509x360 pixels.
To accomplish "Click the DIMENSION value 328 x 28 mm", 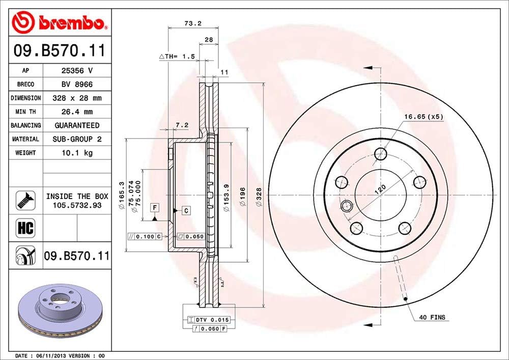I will pyautogui.click(x=76, y=98).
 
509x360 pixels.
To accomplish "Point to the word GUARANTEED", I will pyautogui.click(x=76, y=125).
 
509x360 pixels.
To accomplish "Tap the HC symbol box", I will pyautogui.click(x=25, y=228).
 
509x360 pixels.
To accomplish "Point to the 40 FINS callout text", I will pyautogui.click(x=432, y=317).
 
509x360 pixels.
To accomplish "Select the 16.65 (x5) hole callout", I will pyautogui.click(x=423, y=117).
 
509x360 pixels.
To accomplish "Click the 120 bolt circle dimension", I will pyautogui.click(x=380, y=190).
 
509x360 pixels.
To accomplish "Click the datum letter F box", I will pyautogui.click(x=154, y=207).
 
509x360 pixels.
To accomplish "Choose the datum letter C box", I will pyautogui.click(x=186, y=210).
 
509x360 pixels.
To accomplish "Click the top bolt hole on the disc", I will pyautogui.click(x=380, y=153).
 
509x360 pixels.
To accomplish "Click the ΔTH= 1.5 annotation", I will pyautogui.click(x=177, y=57).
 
